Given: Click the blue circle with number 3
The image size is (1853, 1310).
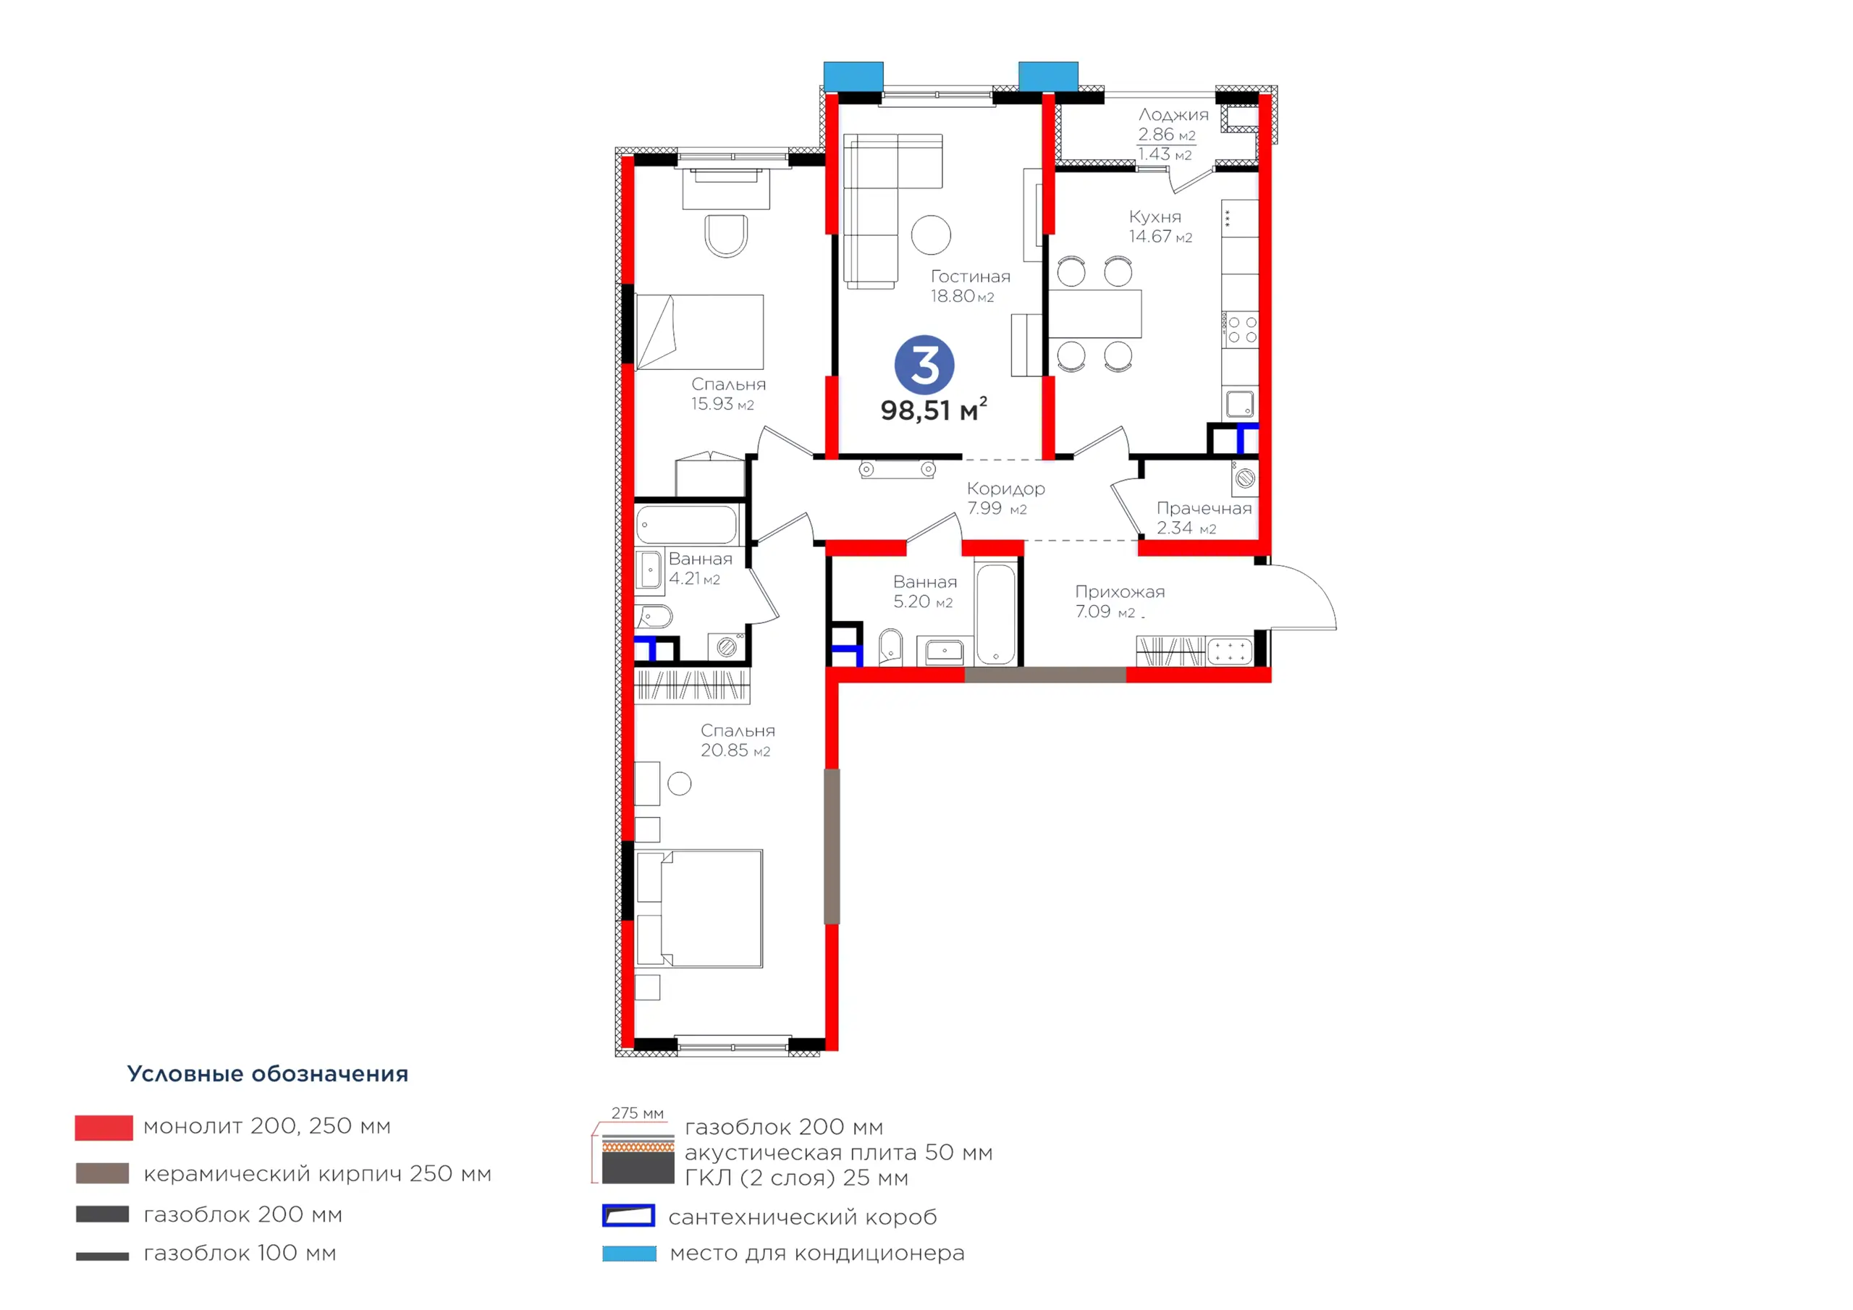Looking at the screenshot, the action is tap(924, 365).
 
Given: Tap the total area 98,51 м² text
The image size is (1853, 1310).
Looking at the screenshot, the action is tap(934, 409).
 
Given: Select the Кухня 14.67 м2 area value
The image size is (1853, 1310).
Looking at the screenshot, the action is tap(1160, 237).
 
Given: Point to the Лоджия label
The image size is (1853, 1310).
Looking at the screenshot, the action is tap(1173, 114).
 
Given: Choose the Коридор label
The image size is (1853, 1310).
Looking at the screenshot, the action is tap(1005, 489).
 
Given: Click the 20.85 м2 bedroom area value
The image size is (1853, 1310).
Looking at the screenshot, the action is tap(735, 751).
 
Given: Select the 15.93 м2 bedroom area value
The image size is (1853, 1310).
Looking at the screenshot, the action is tap(722, 405).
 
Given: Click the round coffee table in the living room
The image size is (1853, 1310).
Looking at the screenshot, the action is tap(932, 236).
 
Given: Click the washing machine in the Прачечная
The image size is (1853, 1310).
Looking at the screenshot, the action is tap(1244, 478).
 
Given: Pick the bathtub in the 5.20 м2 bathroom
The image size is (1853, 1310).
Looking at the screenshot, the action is tap(996, 614).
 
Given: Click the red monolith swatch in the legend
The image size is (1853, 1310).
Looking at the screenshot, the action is tap(104, 1128).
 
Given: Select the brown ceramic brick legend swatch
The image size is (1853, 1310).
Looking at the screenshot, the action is tap(103, 1172).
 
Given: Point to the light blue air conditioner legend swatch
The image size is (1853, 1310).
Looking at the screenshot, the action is tap(630, 1254).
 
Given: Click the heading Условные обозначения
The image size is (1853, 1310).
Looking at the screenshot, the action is tap(268, 1074).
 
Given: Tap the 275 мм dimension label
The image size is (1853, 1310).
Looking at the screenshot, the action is tap(638, 1113).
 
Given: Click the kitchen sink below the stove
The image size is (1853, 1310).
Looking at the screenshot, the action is tap(1240, 402).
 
